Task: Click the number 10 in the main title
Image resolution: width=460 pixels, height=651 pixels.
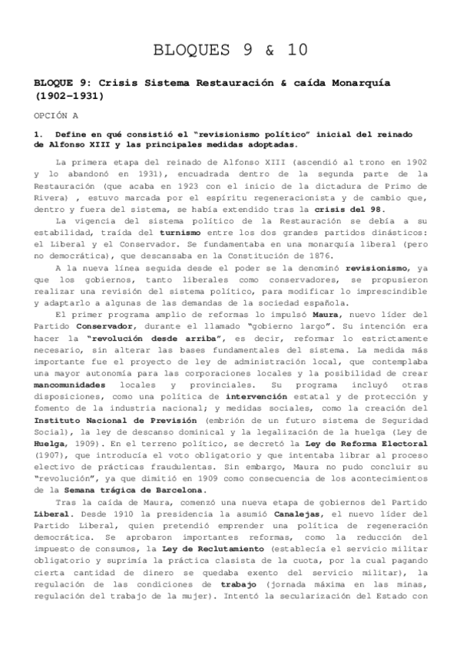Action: coord(293,51)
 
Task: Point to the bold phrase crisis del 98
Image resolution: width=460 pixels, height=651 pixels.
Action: coord(356,211)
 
